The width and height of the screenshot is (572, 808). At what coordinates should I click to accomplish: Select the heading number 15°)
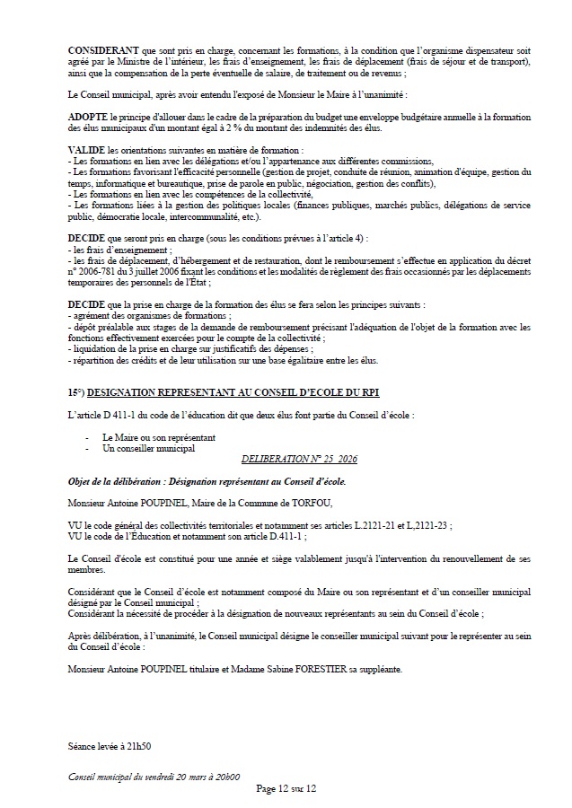pos(77,391)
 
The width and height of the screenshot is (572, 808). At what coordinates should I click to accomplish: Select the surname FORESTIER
pos(304,670)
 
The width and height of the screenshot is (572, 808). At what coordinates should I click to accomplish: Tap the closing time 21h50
pos(137,746)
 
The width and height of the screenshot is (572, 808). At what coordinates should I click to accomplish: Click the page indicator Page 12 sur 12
pos(286,788)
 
